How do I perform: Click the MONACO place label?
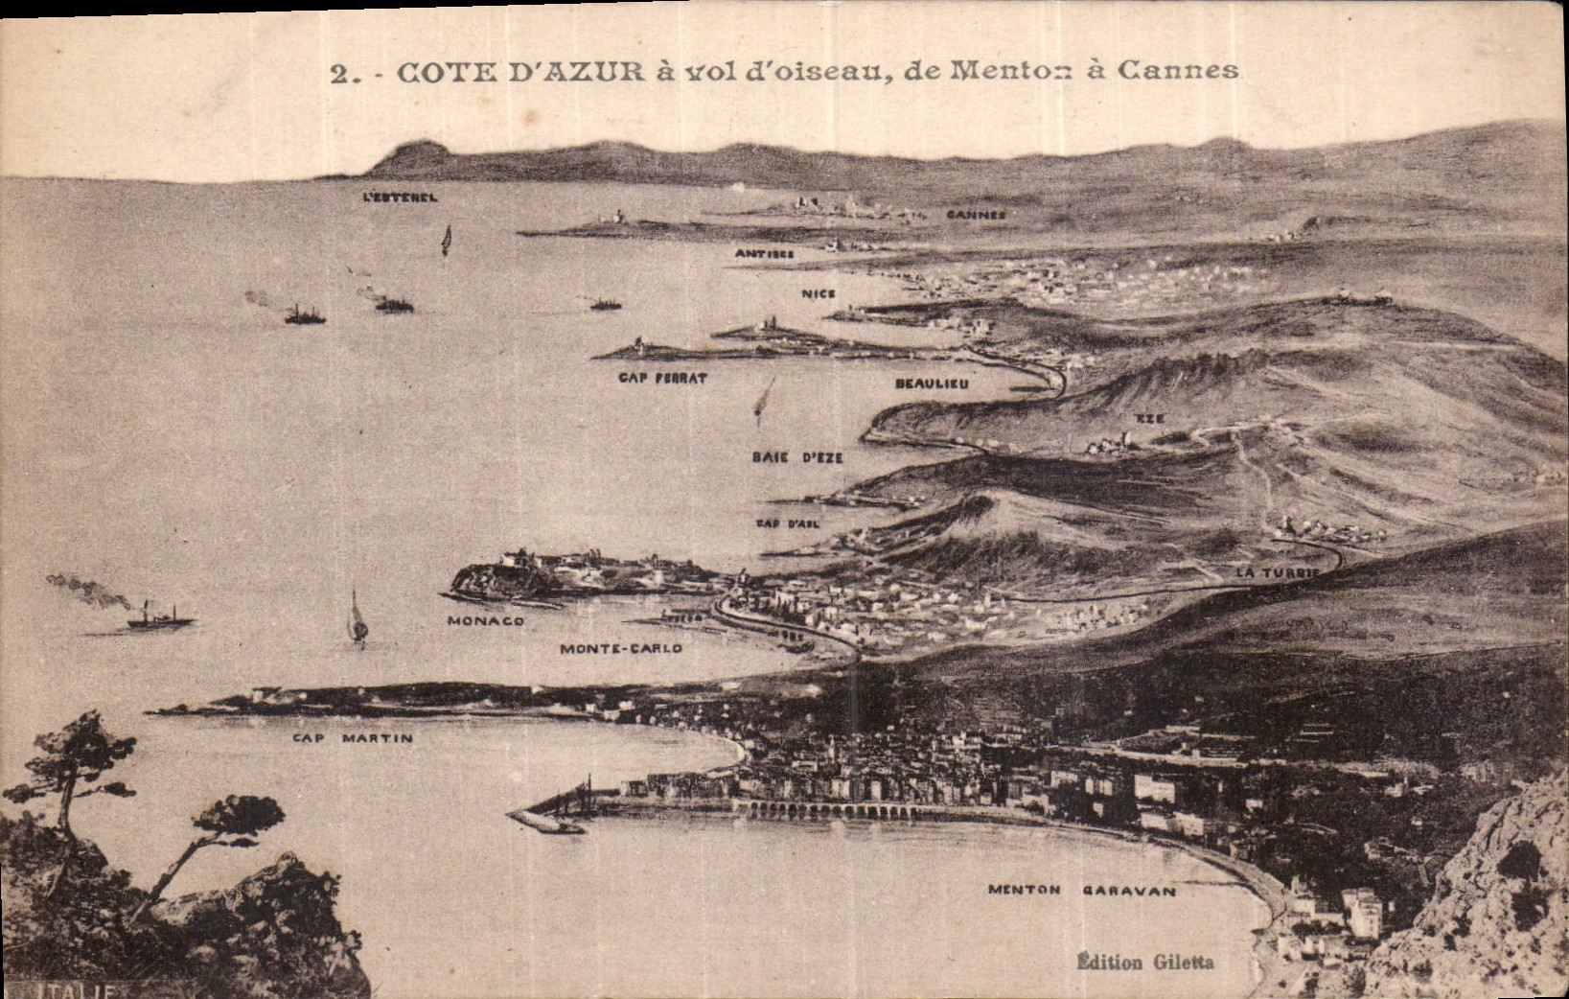(x=486, y=620)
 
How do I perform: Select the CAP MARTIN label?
(x=353, y=738)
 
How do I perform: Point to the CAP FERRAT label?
(x=662, y=378)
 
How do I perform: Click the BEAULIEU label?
(x=932, y=383)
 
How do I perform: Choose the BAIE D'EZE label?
(x=797, y=457)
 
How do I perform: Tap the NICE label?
(x=819, y=293)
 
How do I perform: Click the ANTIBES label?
(x=764, y=254)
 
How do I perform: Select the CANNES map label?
(x=976, y=215)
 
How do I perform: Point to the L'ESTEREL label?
(x=401, y=197)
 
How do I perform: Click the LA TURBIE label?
(x=1278, y=572)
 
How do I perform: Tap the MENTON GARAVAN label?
(x=1081, y=890)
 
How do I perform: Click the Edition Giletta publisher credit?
(x=1145, y=962)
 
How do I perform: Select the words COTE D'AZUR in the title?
(x=520, y=72)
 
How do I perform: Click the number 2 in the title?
(x=337, y=74)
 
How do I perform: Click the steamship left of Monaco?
(x=159, y=618)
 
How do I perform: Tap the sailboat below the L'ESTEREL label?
(x=446, y=239)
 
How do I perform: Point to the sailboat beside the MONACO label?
(x=357, y=619)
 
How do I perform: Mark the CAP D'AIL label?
(x=787, y=523)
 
